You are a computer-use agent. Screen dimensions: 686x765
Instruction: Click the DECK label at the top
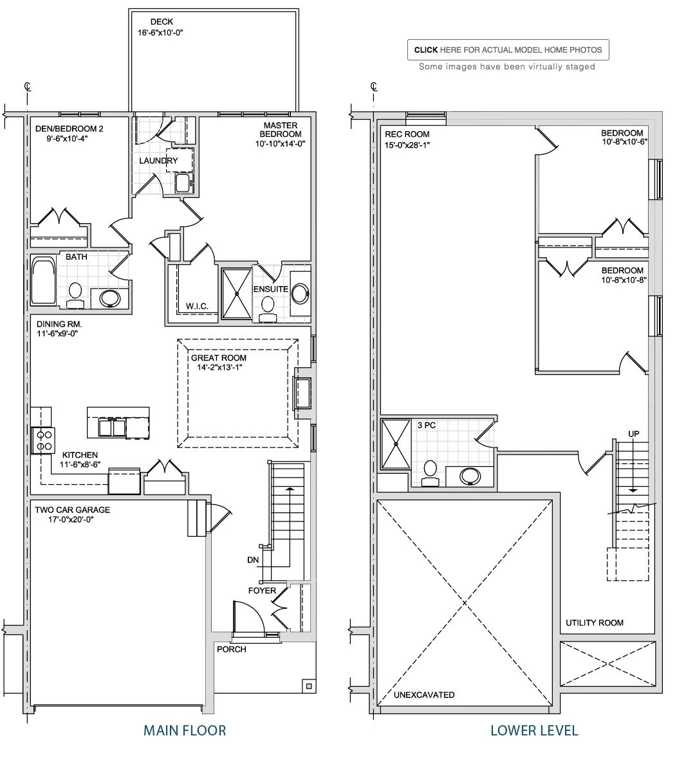point(161,21)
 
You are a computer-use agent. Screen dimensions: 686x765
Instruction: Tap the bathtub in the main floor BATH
point(44,281)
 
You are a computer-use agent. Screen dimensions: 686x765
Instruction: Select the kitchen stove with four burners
point(44,440)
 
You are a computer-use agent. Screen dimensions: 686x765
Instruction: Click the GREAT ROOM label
point(218,357)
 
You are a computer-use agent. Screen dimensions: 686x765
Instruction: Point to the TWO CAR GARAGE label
point(72,510)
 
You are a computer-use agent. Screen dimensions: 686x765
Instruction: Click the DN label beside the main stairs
point(253,560)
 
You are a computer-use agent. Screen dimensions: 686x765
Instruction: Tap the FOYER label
point(262,591)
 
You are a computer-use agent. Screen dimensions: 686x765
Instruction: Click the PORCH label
point(232,649)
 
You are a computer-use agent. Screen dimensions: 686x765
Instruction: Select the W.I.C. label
point(197,307)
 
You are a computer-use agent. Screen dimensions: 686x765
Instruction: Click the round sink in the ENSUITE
point(300,294)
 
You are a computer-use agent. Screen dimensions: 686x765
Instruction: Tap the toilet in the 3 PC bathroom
point(430,473)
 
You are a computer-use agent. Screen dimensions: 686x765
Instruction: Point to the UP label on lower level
point(634,434)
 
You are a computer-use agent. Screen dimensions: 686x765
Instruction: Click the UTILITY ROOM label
point(594,622)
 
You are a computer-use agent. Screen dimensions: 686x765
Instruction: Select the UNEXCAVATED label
point(424,695)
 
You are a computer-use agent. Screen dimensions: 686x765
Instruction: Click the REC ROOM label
point(407,134)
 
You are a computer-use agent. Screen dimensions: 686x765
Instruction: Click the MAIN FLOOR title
point(185,730)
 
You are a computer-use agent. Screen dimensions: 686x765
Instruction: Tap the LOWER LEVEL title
point(534,730)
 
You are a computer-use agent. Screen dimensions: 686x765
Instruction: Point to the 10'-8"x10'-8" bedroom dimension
point(624,280)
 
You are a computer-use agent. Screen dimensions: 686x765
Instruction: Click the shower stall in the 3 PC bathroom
point(396,444)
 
